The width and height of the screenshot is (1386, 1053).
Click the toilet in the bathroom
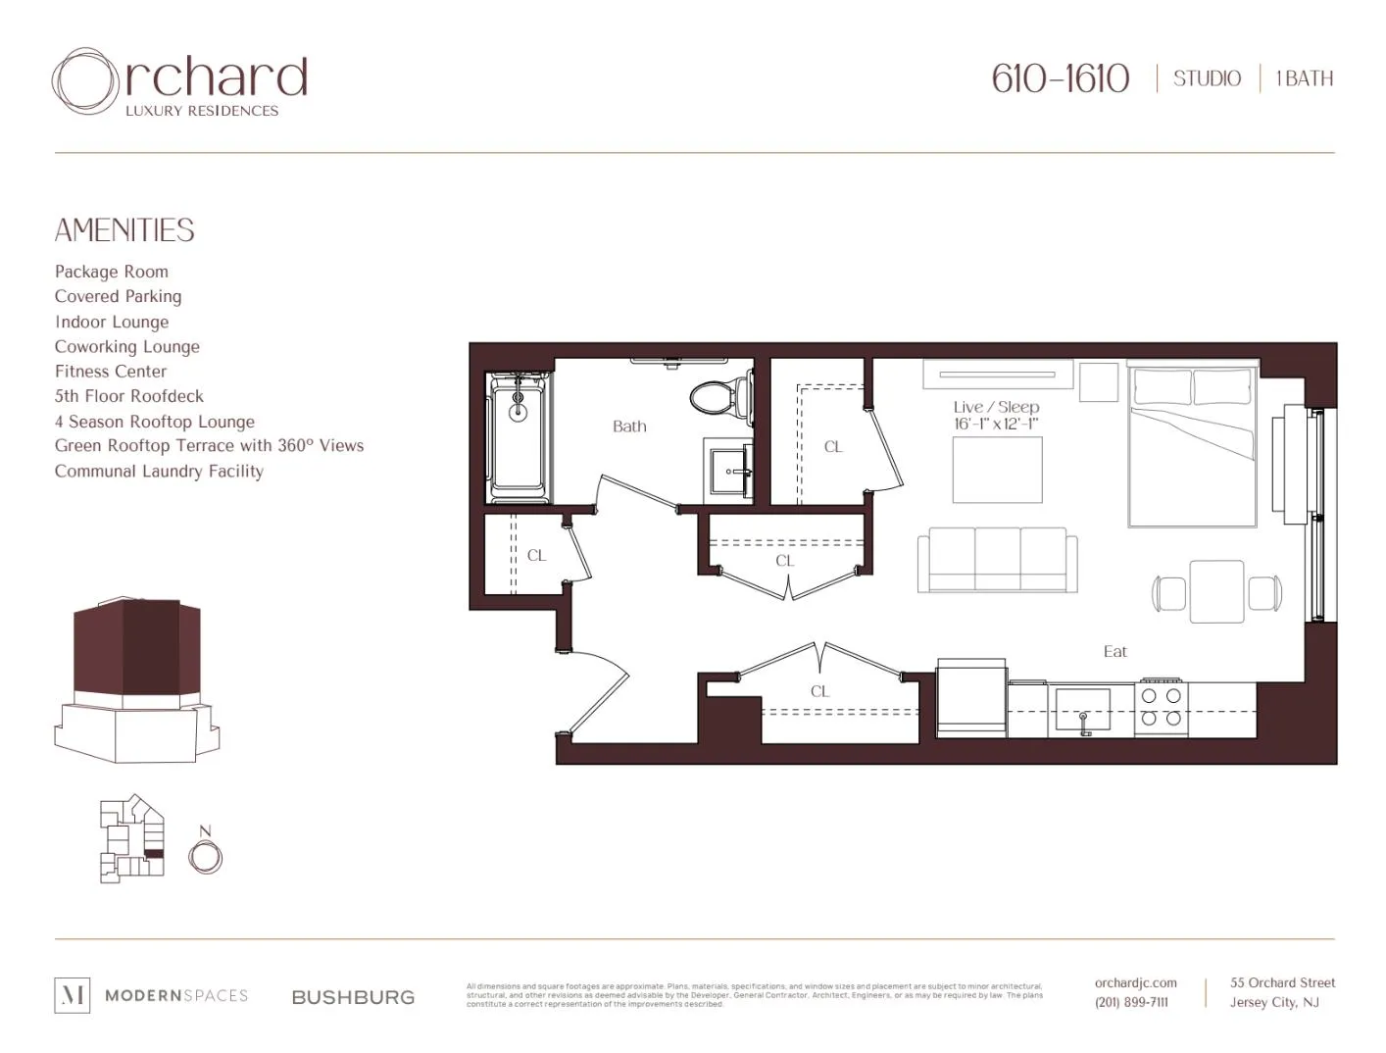coord(717,398)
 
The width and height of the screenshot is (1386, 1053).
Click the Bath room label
coord(629,426)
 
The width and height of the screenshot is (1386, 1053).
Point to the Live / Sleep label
coord(996,407)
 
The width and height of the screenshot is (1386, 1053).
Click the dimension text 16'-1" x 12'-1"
coord(996,425)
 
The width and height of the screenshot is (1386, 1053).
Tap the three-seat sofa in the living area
coord(997,560)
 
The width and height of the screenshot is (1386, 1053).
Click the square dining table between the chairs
coord(1216,591)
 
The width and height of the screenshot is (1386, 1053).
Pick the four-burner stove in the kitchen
coord(1162,707)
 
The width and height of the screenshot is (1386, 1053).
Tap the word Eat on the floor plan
coord(1114,651)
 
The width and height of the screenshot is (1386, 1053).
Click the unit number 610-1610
coord(1060,78)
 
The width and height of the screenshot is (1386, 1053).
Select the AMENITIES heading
coord(124,230)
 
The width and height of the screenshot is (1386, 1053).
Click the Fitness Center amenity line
coord(111,372)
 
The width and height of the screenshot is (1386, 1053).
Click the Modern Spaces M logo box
coord(72,995)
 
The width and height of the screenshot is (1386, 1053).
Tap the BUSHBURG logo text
coord(353,997)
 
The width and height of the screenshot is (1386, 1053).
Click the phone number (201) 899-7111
coord(1131,1002)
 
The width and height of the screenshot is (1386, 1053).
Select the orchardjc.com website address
coord(1135,982)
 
